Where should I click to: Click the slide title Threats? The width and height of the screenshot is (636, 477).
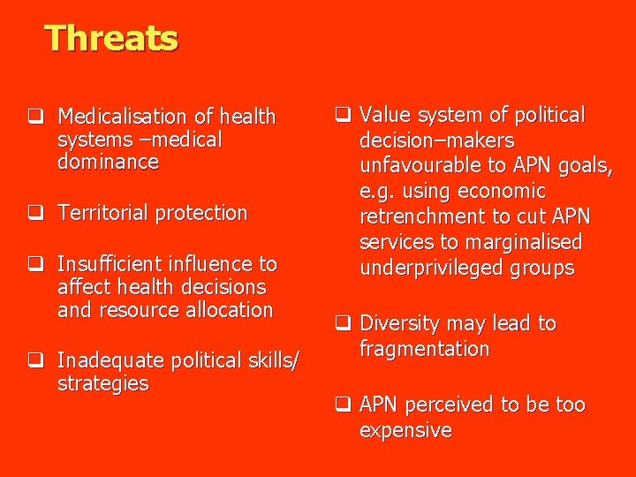[x=111, y=38]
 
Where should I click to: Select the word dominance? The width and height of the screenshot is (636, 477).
[x=108, y=163]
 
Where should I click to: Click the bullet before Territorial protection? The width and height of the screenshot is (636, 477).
[x=35, y=213]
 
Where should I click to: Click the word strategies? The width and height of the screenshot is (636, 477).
[x=102, y=383]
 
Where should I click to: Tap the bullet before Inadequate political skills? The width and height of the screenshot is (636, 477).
[x=35, y=360]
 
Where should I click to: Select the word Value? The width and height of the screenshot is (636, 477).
[x=384, y=116]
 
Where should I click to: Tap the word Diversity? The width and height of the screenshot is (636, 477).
[x=400, y=324]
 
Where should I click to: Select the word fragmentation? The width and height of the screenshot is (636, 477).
[x=424, y=349]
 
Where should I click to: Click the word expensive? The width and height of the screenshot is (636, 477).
[x=405, y=430]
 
